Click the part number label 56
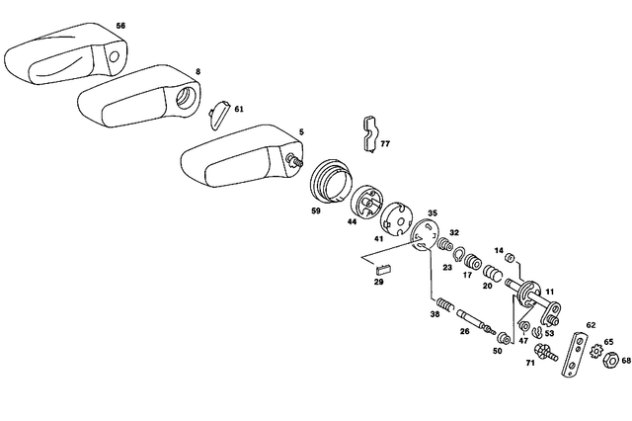click(120, 25)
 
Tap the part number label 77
click(385, 144)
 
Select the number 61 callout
click(238, 109)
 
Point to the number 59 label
click(316, 210)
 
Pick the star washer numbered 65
click(594, 349)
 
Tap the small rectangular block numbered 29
click(383, 268)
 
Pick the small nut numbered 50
click(504, 339)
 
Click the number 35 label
click(432, 213)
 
